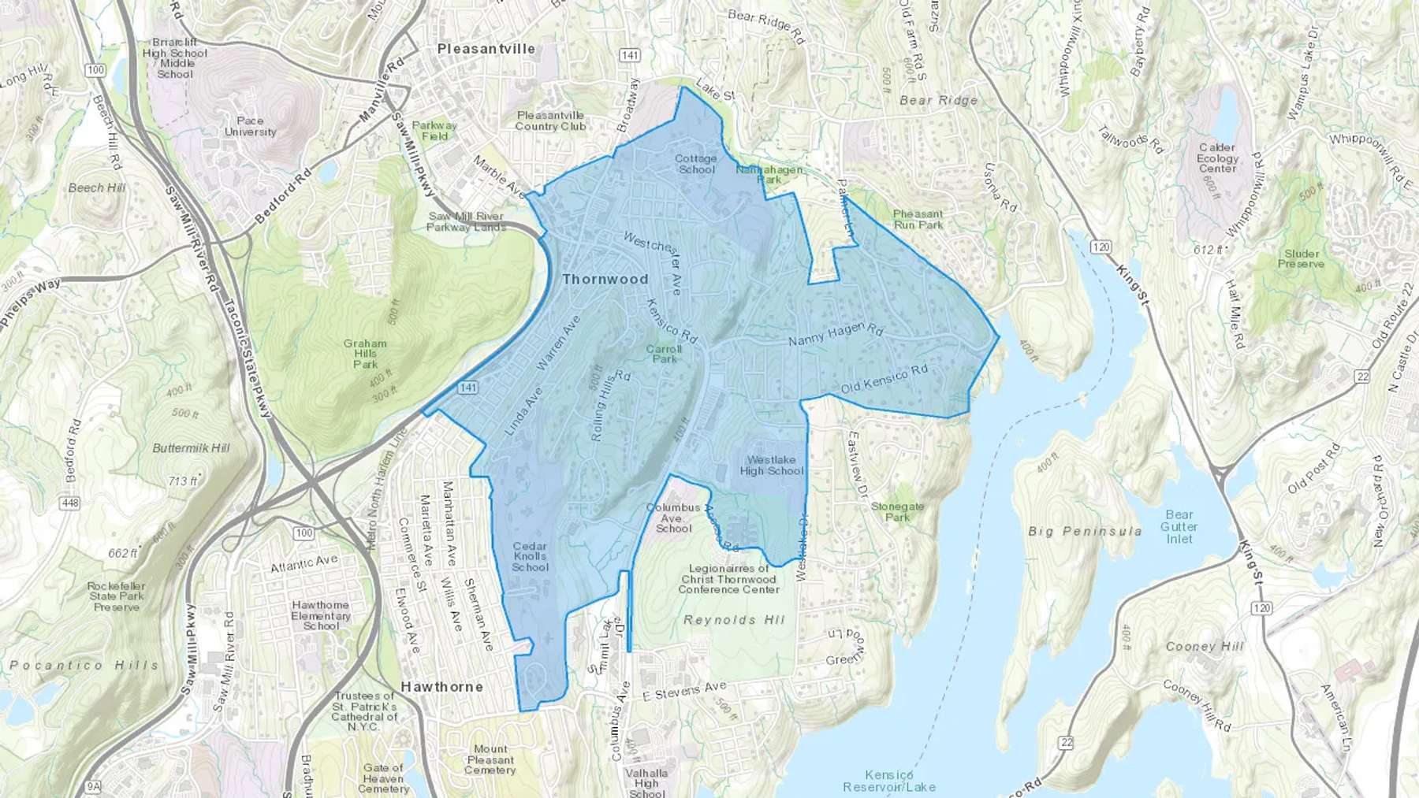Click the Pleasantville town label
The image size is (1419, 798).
[x=486, y=49]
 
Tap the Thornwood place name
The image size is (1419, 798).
[x=605, y=279]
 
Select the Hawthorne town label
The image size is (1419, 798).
[x=441, y=687]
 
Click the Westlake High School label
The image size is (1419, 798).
[x=771, y=466]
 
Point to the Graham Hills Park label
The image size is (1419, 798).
[x=365, y=354]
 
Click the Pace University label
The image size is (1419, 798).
[x=250, y=126]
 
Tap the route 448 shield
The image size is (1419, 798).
[x=69, y=503]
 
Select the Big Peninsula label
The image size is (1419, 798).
[x=1085, y=532]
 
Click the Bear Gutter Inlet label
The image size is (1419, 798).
[x=1179, y=526]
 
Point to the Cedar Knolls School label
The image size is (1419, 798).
[x=530, y=556]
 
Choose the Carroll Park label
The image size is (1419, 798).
[x=664, y=354]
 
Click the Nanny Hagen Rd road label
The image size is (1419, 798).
[x=836, y=335]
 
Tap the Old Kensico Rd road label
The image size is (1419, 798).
[x=884, y=379]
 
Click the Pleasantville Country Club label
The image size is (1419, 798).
[x=550, y=121]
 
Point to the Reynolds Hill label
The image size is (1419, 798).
[x=734, y=620]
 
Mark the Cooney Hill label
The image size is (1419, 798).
[x=1204, y=647]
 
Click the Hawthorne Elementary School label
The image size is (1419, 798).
[x=321, y=615]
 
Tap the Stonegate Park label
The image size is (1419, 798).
[x=897, y=512]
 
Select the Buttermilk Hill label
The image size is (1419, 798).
[x=191, y=448]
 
